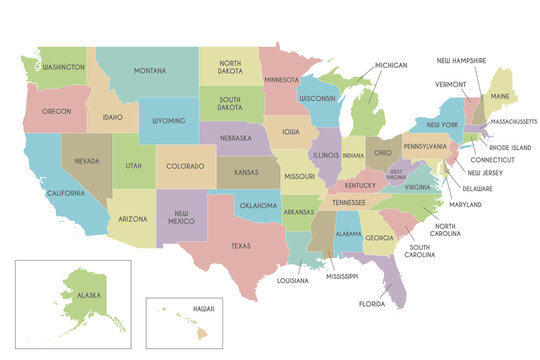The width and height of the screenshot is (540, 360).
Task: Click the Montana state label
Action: click(149, 70)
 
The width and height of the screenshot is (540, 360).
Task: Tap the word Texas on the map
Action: click(241, 246)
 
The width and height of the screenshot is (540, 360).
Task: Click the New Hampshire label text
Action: click(461, 60)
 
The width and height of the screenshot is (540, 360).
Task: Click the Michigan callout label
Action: click(391, 65)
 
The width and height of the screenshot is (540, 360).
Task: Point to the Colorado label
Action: click(184, 166)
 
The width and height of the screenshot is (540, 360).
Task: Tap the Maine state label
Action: click(501, 96)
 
